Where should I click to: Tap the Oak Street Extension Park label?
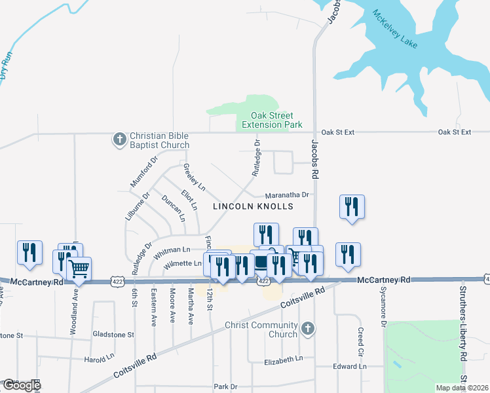coord(271,119)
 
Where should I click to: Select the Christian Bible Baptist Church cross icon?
coord(119,140)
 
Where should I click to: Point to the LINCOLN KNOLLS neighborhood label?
coord(252,206)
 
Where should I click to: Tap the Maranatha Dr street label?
coord(286,195)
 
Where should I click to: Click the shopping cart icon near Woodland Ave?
coord(79,267)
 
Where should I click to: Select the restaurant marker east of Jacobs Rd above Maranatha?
coord(352,207)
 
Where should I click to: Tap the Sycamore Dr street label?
coord(383,308)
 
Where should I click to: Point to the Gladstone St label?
coord(113,335)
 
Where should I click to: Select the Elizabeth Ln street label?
coord(283,359)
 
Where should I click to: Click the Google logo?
coord(20,385)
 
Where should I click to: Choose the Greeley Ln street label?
coord(194,178)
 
